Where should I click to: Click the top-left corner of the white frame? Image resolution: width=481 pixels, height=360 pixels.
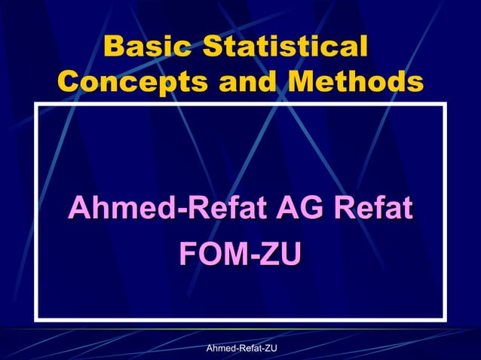pyautogui.click(x=35, y=106)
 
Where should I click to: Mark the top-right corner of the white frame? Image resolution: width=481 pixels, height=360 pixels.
pyautogui.click(x=446, y=106)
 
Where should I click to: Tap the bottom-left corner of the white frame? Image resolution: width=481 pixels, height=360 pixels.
pyautogui.click(x=35, y=319)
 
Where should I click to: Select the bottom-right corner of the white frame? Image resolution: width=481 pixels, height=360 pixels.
pyautogui.click(x=446, y=319)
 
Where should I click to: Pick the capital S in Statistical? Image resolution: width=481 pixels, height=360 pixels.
pyautogui.click(x=205, y=47)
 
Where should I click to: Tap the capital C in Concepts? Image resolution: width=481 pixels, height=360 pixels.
pyautogui.click(x=69, y=81)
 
